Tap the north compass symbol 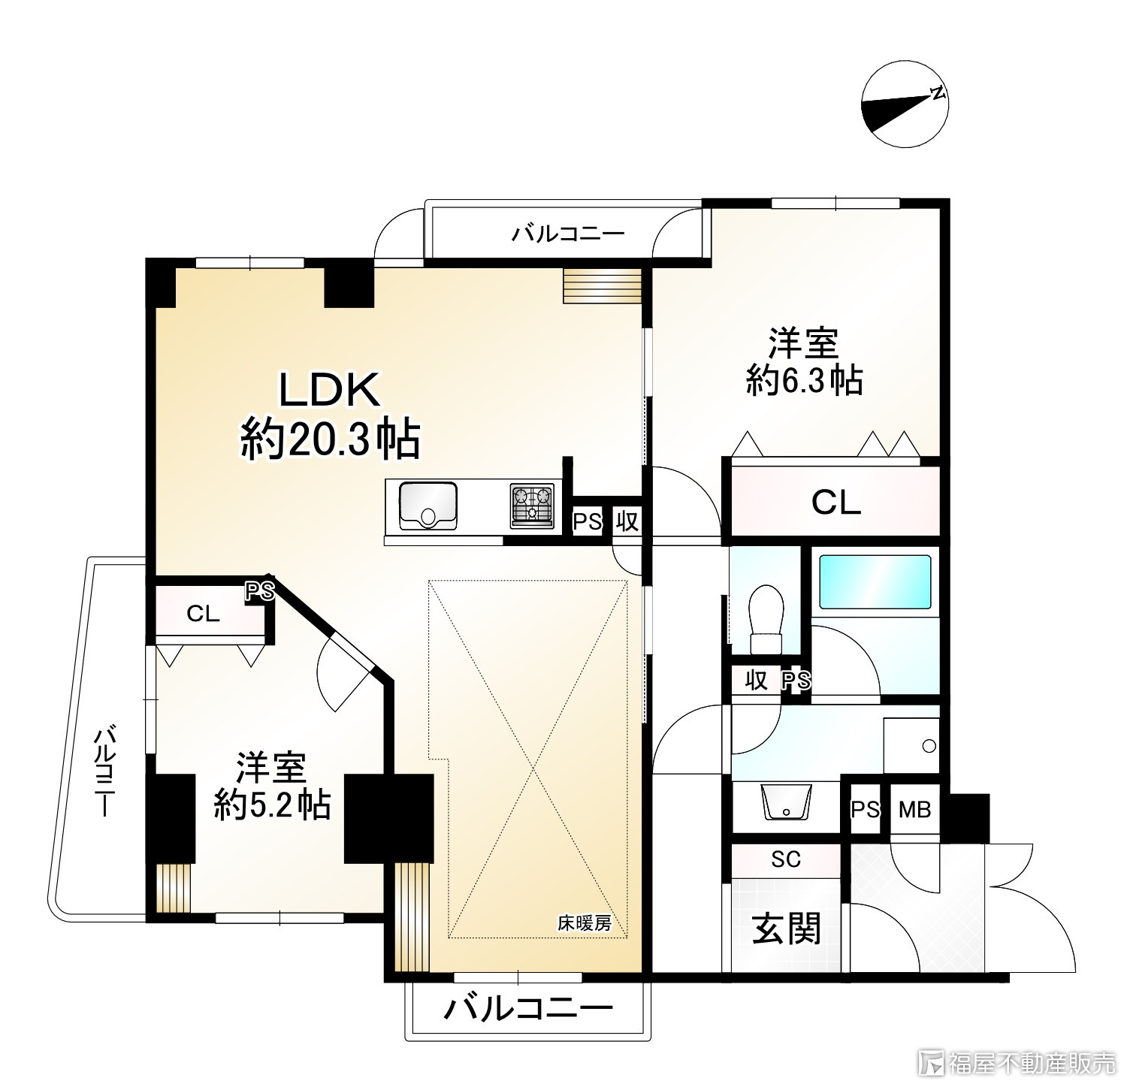click(905, 106)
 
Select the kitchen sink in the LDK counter click(428, 506)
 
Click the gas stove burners click(532, 503)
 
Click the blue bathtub click(875, 581)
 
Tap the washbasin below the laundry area click(786, 803)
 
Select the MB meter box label click(914, 810)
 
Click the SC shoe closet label click(785, 859)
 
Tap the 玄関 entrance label click(786, 929)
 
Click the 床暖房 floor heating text click(584, 923)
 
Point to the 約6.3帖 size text click(803, 381)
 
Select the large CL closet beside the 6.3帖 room click(835, 503)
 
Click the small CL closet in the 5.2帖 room click(203, 614)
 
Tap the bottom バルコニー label click(527, 1009)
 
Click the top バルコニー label click(568, 234)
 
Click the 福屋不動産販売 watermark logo click(1017, 1062)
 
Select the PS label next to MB click(865, 810)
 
